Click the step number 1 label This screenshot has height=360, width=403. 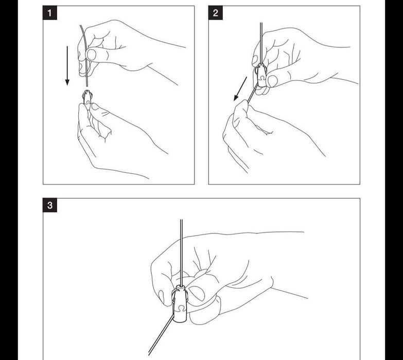[49, 13]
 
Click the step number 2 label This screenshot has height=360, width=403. [215, 13]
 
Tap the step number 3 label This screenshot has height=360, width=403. [49, 205]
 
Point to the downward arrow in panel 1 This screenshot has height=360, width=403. [67, 66]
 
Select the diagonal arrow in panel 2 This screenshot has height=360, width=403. [240, 89]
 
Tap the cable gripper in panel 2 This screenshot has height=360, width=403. [261, 76]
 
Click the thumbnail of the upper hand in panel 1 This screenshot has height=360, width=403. [91, 55]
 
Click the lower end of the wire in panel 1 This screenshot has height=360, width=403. [87, 86]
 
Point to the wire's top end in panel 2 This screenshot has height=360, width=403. [261, 23]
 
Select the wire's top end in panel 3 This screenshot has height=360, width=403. [181, 220]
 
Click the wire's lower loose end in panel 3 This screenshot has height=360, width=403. [149, 355]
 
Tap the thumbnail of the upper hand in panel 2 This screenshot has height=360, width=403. [273, 81]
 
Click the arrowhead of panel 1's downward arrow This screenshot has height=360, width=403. [67, 82]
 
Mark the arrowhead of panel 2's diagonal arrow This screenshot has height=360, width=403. [236, 98]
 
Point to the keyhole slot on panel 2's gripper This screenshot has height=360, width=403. [262, 77]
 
